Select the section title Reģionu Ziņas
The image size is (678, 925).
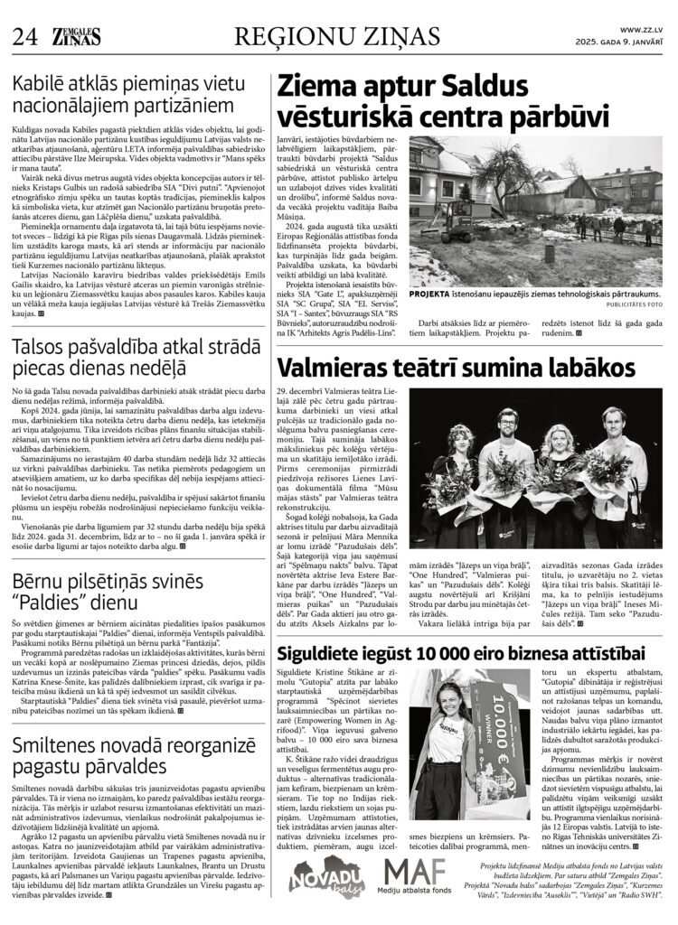[x=336, y=36]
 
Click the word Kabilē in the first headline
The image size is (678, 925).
[x=41, y=89]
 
